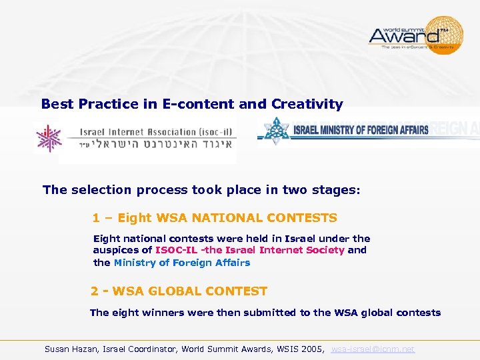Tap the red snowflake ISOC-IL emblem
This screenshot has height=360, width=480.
click(48, 139)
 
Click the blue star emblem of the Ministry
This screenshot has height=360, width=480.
click(273, 131)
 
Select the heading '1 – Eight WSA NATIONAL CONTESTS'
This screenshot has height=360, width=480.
click(215, 218)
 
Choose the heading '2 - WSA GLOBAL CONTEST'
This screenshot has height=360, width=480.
click(179, 291)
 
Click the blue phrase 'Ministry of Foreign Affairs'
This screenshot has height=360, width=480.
click(181, 263)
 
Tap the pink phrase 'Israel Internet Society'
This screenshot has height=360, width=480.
click(285, 250)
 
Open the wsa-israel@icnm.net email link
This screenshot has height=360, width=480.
click(373, 349)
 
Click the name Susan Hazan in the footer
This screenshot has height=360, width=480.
click(70, 349)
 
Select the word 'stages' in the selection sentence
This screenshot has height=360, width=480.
click(335, 190)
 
